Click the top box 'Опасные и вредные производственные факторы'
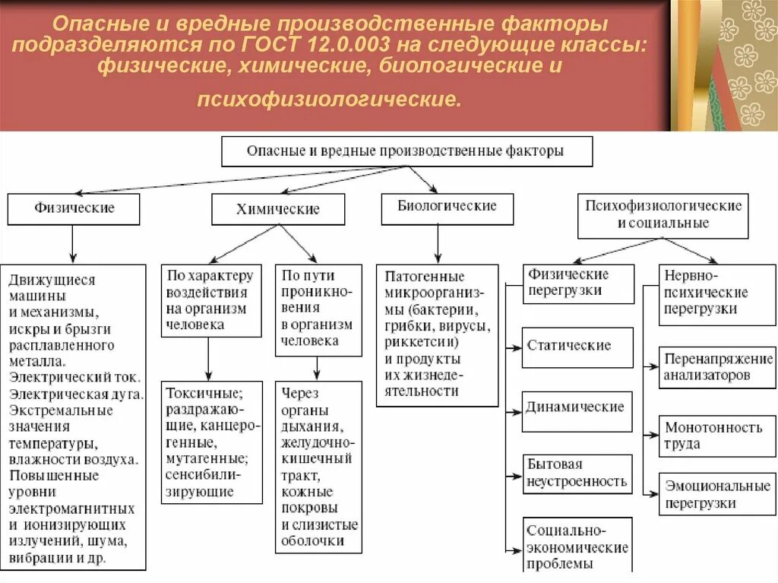pyautogui.click(x=406, y=151)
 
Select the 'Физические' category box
pyautogui.click(x=74, y=208)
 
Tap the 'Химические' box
pyautogui.click(x=278, y=209)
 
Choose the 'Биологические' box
pyautogui.click(x=448, y=207)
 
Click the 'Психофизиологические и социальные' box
pyautogui.click(x=663, y=214)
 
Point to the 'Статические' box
pyautogui.click(x=577, y=347)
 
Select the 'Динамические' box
pyautogui.click(x=577, y=407)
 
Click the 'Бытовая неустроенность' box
pyautogui.click(x=577, y=473)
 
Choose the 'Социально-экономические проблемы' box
pyautogui.click(x=577, y=546)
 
